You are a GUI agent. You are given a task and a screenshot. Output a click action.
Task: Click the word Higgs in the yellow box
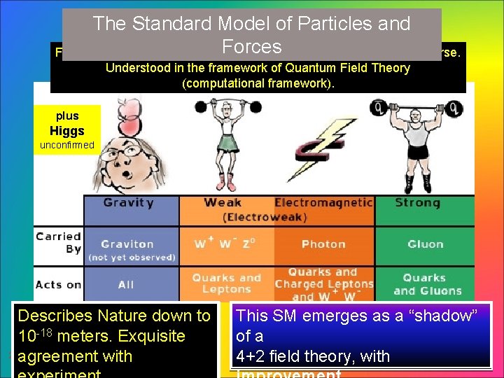(x=66, y=131)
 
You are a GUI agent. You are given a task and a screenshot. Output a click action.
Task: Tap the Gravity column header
(x=128, y=203)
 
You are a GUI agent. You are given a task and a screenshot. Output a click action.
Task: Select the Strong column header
(x=417, y=203)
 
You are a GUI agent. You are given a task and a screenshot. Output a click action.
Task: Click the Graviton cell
(x=127, y=244)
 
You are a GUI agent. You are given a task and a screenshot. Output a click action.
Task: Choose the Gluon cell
(x=425, y=244)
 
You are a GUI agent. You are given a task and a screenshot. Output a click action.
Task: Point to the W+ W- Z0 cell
(x=225, y=244)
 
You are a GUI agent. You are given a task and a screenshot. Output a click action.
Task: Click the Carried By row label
(x=59, y=242)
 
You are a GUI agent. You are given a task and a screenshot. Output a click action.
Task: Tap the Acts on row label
(x=59, y=284)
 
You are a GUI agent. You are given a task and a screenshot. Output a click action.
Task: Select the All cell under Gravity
(x=127, y=284)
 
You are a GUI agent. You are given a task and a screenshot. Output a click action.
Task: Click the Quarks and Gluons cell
(x=425, y=284)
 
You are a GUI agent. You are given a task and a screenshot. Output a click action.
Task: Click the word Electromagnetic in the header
(x=323, y=203)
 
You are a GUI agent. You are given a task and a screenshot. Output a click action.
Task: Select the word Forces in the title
(x=251, y=47)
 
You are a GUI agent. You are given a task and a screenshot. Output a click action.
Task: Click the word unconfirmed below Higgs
(x=66, y=146)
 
